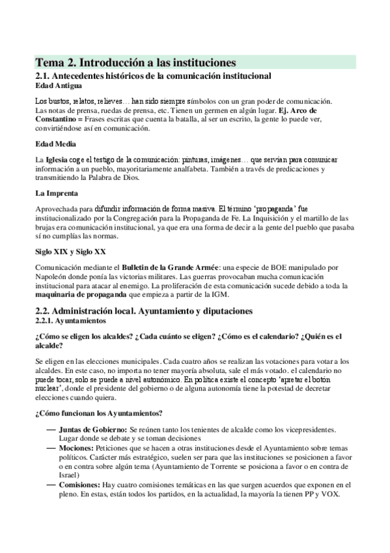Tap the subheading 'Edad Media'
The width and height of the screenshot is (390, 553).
(55, 143)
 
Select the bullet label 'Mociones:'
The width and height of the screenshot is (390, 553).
(76, 449)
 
